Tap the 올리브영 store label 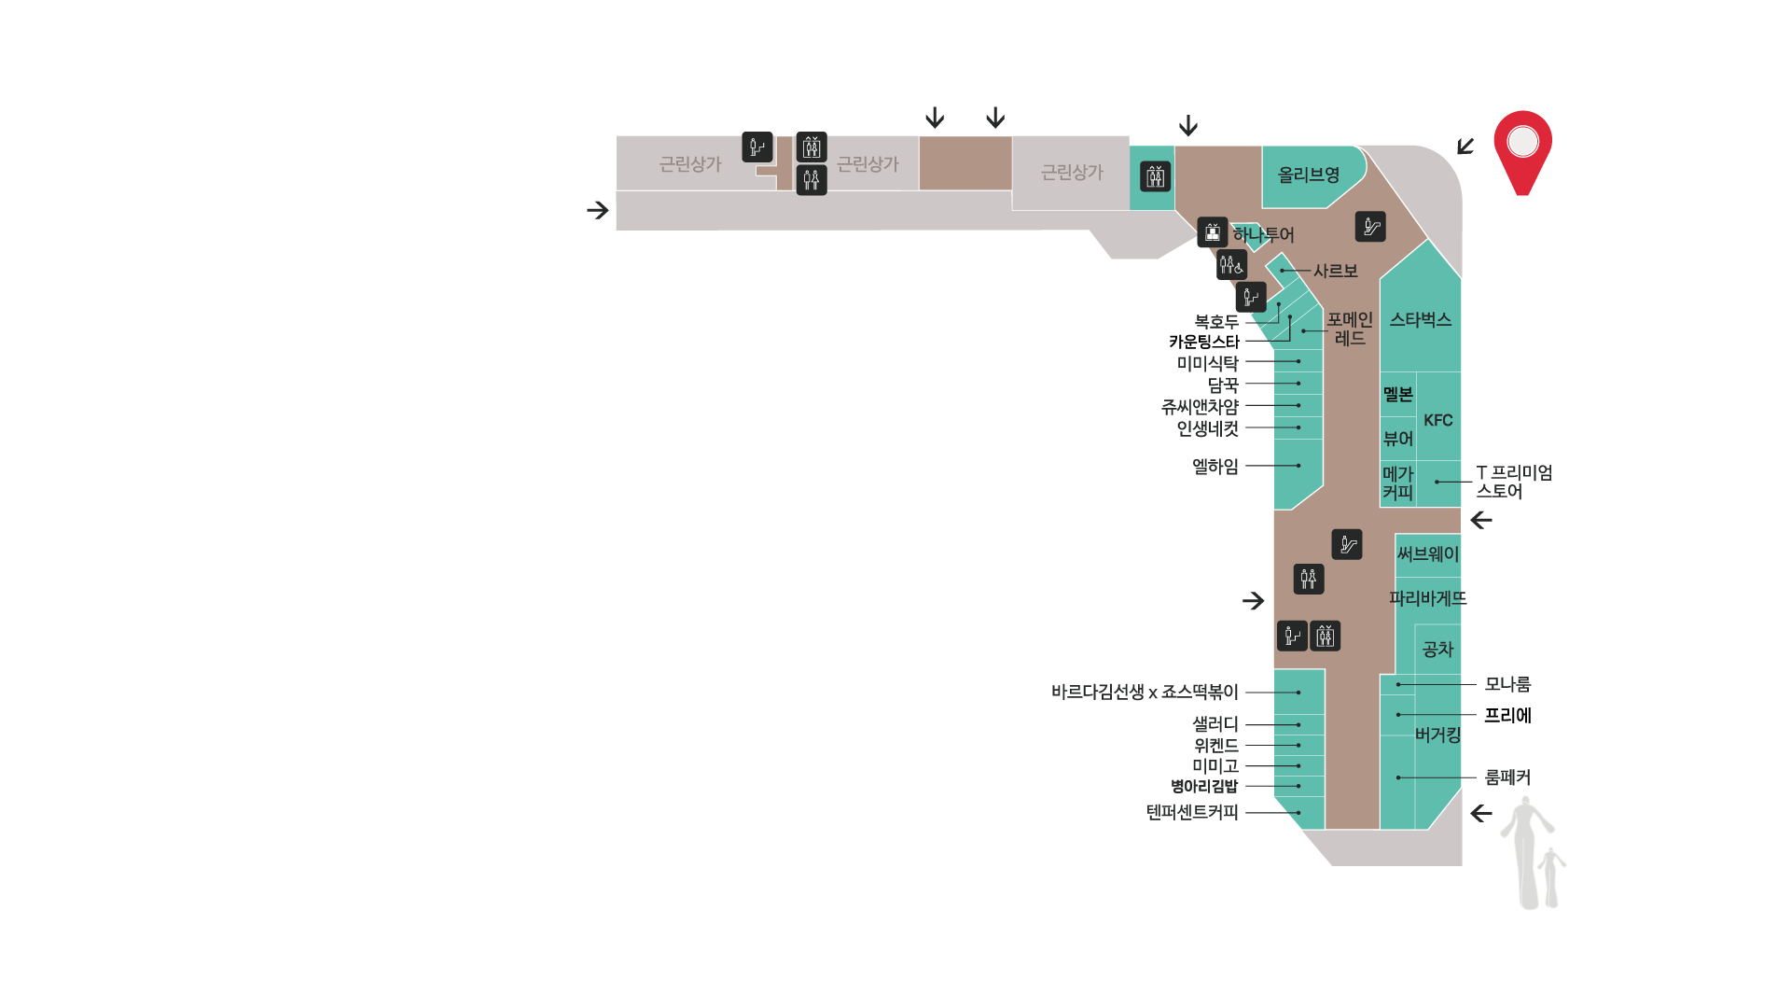pyautogui.click(x=1308, y=175)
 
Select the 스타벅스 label pyautogui.click(x=1421, y=320)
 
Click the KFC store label pyautogui.click(x=1438, y=420)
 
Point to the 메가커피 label pyautogui.click(x=1398, y=483)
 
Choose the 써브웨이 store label pyautogui.click(x=1427, y=554)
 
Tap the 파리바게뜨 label pyautogui.click(x=1428, y=598)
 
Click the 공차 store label pyautogui.click(x=1437, y=649)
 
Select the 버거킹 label pyautogui.click(x=1437, y=735)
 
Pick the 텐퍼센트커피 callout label pyautogui.click(x=1192, y=812)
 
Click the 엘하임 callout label pyautogui.click(x=1215, y=466)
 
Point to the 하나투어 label pyautogui.click(x=1264, y=235)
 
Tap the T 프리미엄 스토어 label pyautogui.click(x=1514, y=483)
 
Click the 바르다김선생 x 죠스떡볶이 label pyautogui.click(x=1145, y=693)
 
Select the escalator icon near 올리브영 pyautogui.click(x=1370, y=227)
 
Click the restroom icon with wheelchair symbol pyautogui.click(x=1231, y=265)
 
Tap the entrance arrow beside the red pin pyautogui.click(x=1465, y=147)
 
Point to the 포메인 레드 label pyautogui.click(x=1350, y=329)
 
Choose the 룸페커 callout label pyautogui.click(x=1507, y=777)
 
